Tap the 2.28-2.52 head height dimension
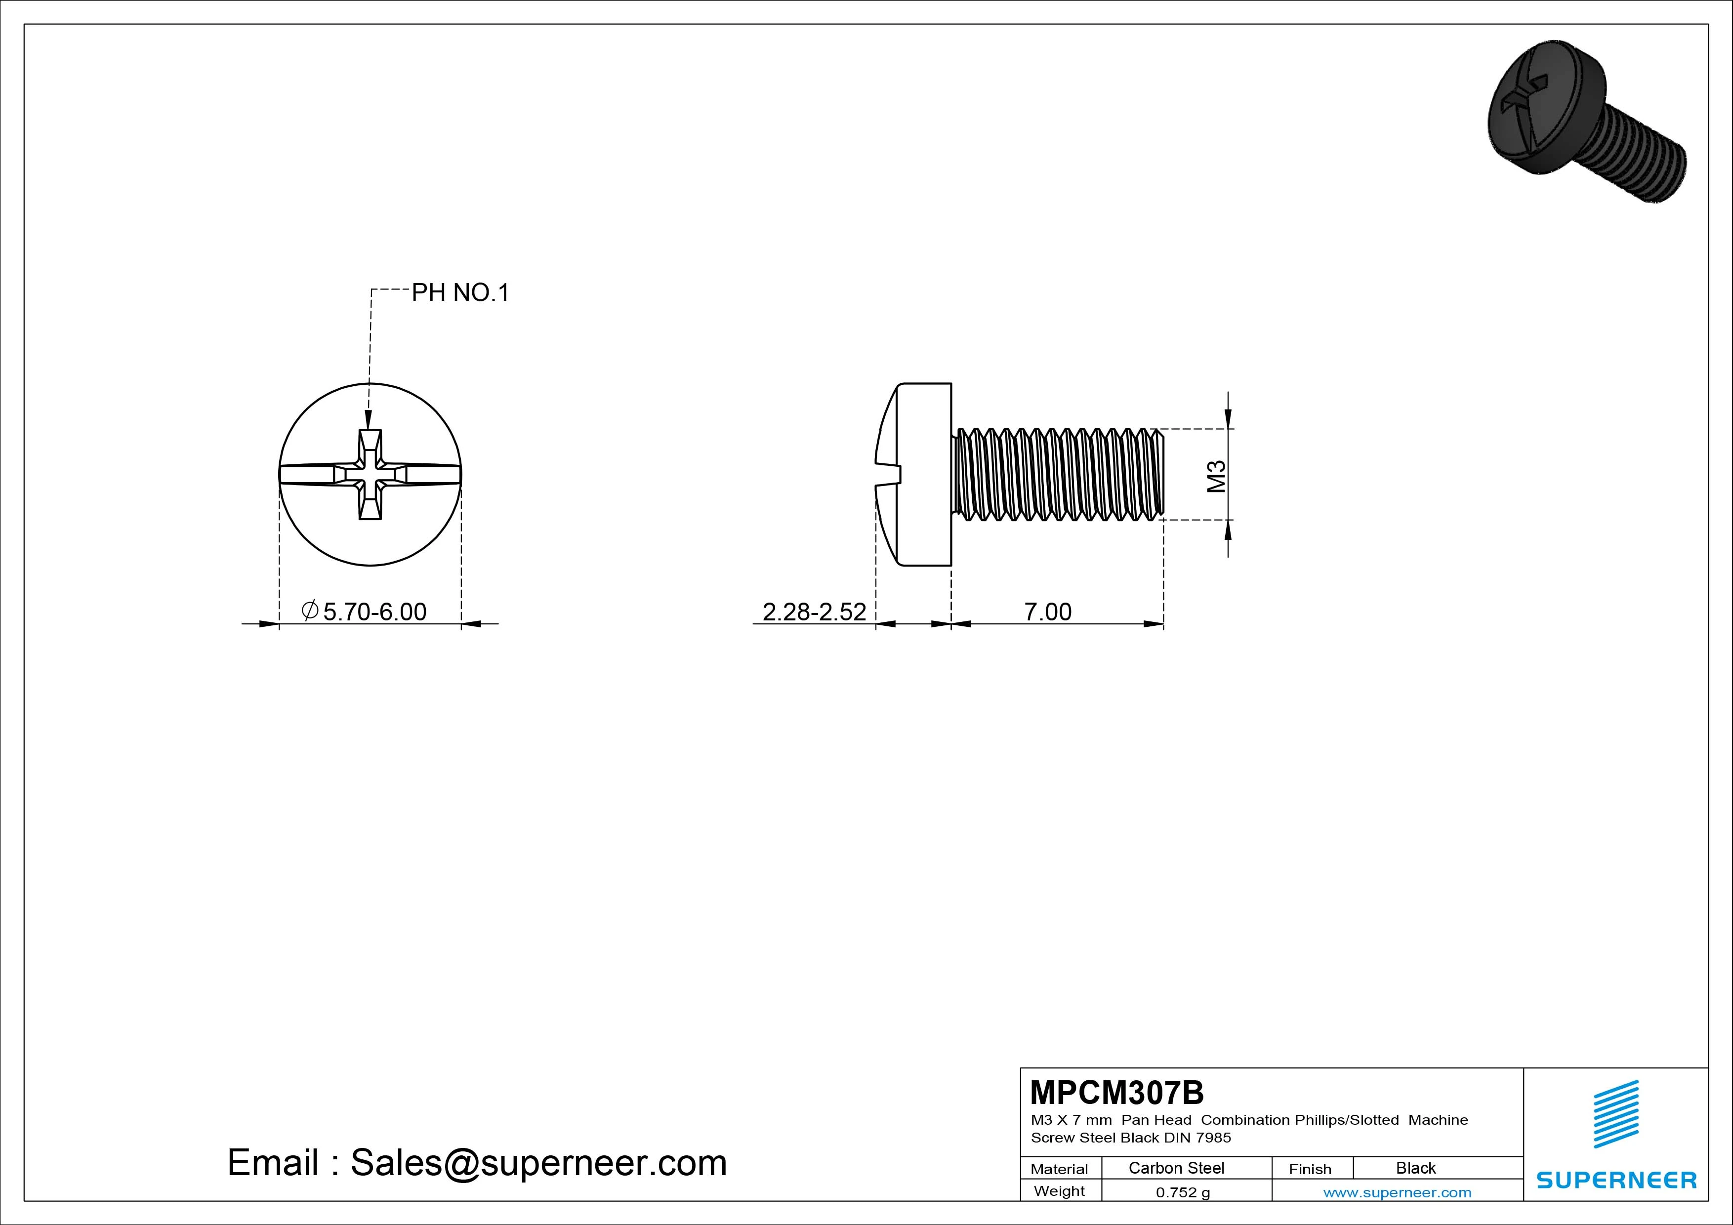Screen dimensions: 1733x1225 [x=815, y=612]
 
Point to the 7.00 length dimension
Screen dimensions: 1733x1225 [x=1048, y=612]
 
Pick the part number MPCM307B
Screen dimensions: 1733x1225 [x=1117, y=1092]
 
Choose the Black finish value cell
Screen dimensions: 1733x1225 [x=1416, y=1168]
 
